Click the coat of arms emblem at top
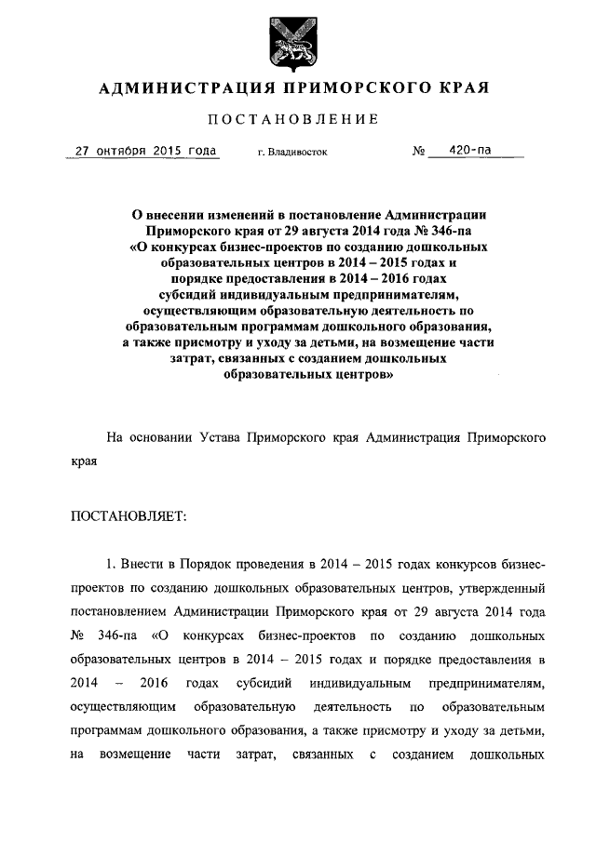click(296, 42)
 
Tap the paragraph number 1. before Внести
click(112, 566)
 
